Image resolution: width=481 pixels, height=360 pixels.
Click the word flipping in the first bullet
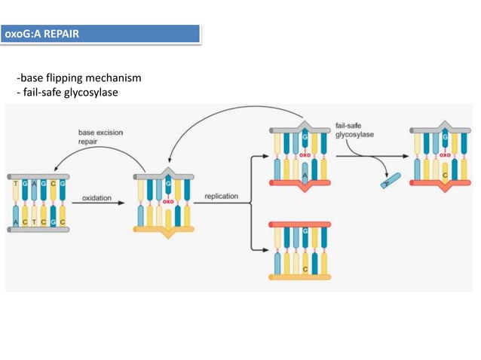click(x=62, y=79)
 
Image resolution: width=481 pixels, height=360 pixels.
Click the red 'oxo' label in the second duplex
click(x=167, y=202)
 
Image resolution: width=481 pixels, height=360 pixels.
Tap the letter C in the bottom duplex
click(x=305, y=267)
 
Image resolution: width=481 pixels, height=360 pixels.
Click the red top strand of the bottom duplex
click(x=299, y=224)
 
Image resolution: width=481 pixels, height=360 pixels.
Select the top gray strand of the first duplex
click(x=38, y=175)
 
